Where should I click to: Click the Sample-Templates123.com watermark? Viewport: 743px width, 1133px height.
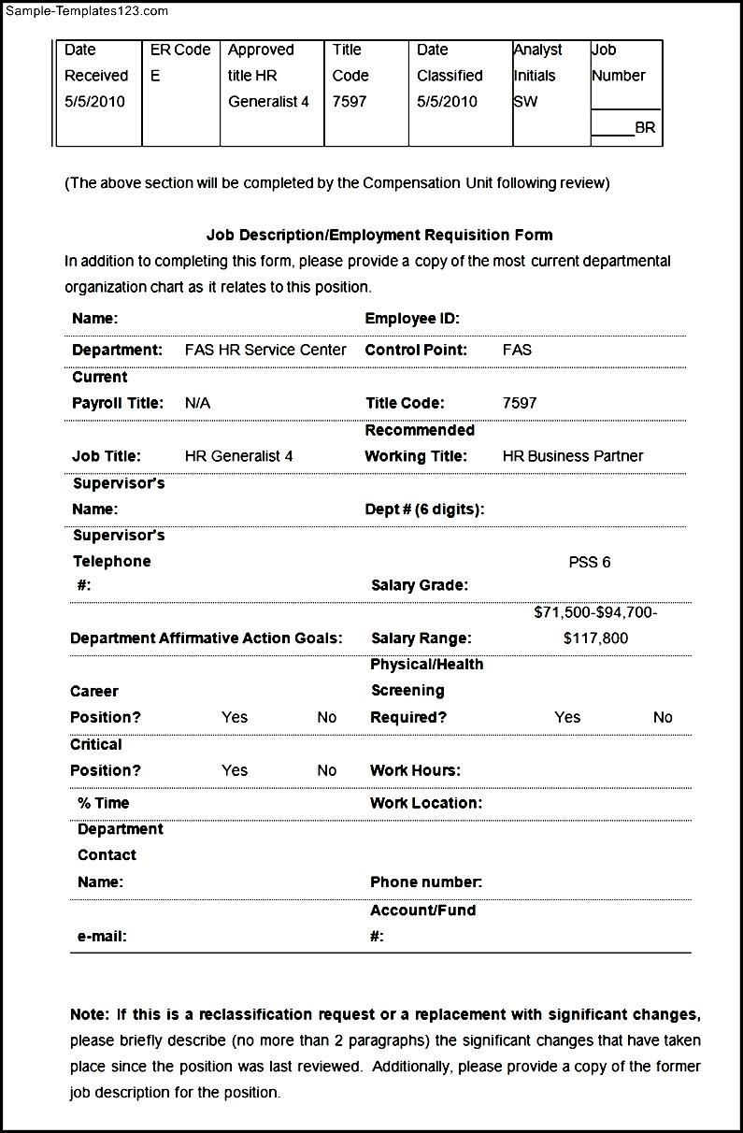84,11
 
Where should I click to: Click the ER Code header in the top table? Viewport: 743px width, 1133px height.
180,50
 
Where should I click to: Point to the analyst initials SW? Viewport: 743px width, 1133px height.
525,102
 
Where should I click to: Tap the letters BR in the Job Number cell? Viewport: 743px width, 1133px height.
645,128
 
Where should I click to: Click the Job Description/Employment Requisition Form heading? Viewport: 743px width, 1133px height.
379,236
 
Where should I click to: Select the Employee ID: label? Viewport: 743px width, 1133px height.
412,319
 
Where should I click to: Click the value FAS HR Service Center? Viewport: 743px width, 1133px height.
265,351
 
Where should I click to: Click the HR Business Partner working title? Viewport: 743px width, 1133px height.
573,457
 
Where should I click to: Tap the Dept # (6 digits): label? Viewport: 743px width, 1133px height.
424,510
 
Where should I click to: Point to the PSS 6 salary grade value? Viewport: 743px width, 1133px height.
590,563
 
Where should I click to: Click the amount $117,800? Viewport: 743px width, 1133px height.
596,638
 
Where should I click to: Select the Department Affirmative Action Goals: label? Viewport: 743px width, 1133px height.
207,638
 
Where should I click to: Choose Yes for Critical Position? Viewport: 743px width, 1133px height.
235,771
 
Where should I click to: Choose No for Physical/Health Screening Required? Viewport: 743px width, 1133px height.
663,718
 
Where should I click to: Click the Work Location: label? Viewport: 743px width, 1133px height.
426,803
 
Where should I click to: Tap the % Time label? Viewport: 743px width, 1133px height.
104,803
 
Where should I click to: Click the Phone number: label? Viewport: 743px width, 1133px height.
426,882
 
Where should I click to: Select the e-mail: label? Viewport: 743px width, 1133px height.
102,937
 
